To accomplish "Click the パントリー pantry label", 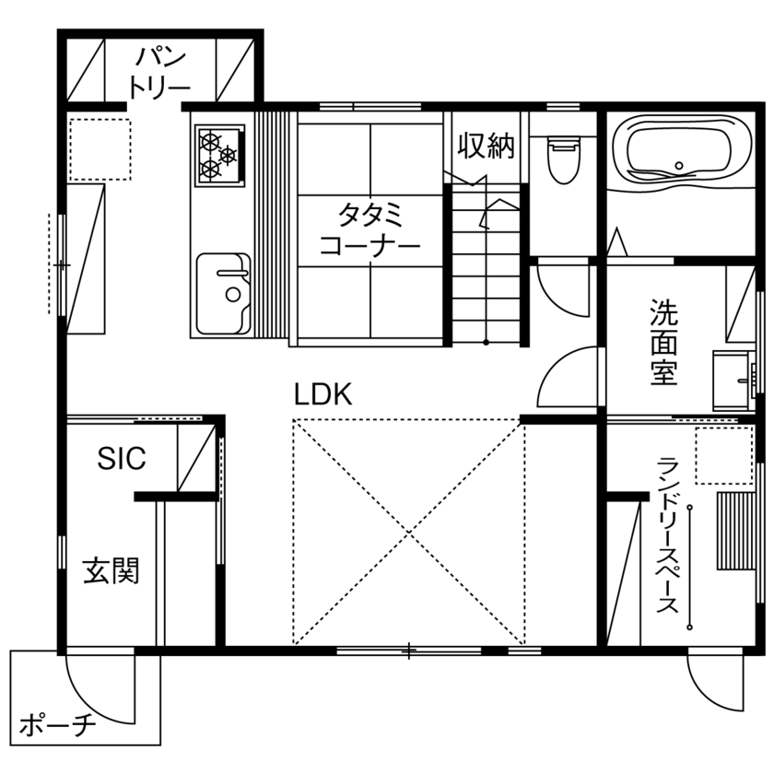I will pos(160,71).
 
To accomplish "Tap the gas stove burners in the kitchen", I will pos(219,152).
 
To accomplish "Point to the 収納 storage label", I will pos(487,146).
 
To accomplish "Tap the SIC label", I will pos(122,459).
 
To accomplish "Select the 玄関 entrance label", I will pos(111,570).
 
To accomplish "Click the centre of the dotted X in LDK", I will pos(408,531).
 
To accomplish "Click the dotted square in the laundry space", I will pos(723,455).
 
